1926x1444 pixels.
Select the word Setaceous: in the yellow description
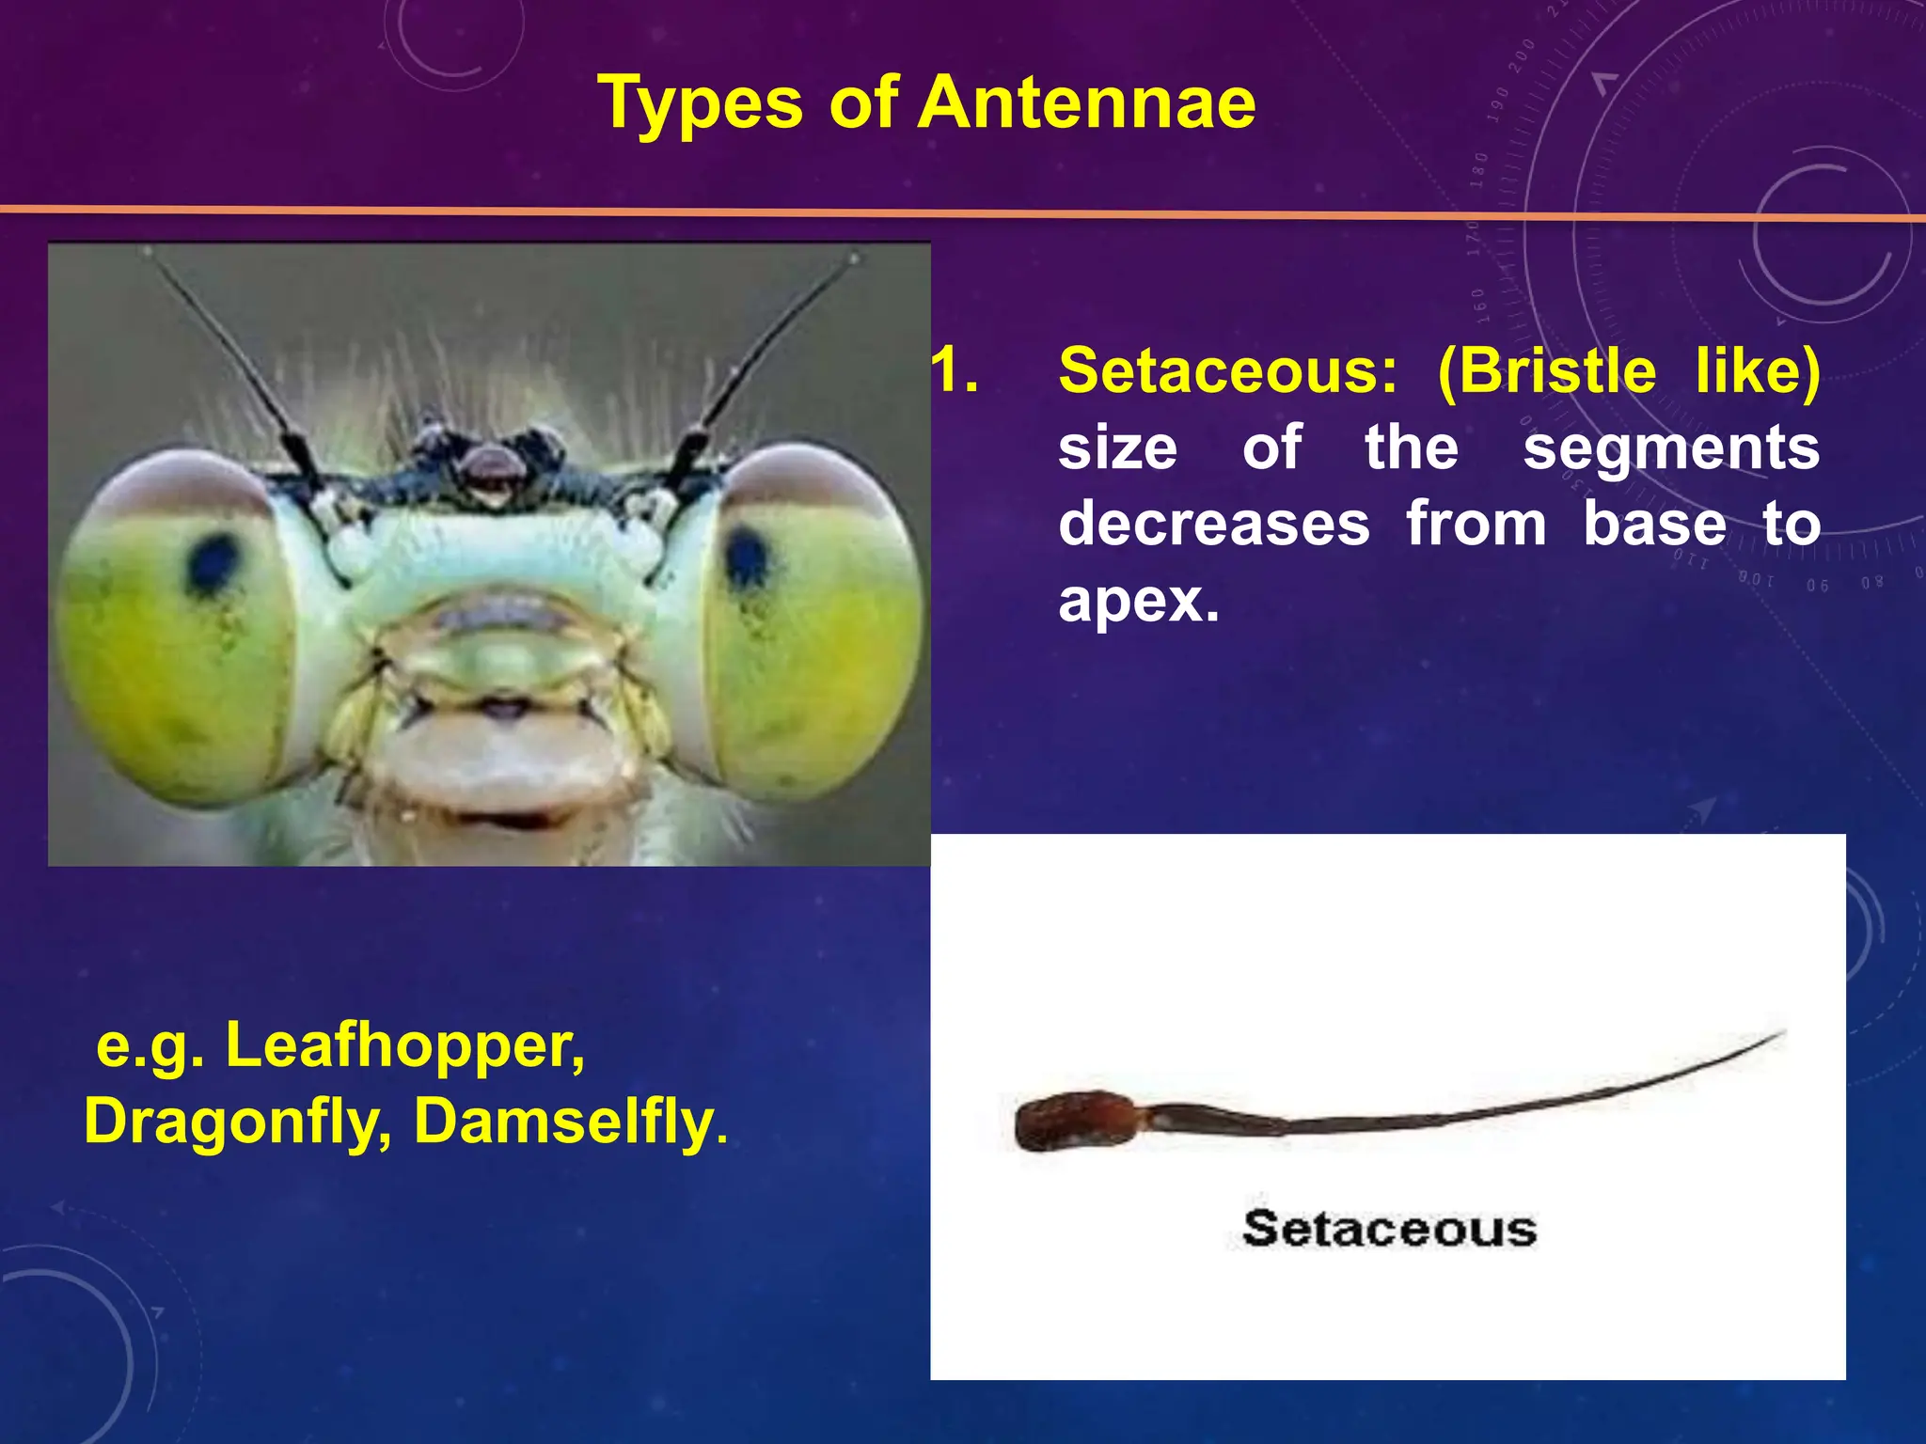[1228, 371]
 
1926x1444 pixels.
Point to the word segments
[1671, 447]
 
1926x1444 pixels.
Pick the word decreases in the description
[1213, 524]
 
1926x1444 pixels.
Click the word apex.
[1138, 602]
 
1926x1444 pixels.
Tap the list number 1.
[954, 371]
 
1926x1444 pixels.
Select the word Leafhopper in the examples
[404, 1045]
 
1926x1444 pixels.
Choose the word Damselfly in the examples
[564, 1122]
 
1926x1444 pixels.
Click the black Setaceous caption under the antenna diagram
[1389, 1229]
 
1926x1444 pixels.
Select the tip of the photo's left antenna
[148, 253]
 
